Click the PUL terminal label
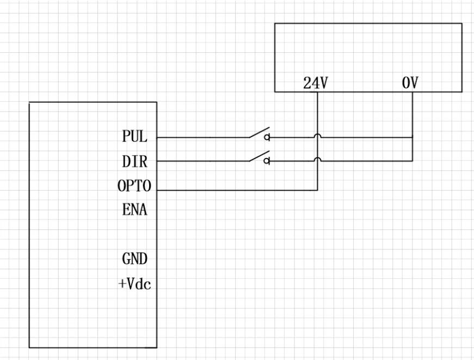pos(134,137)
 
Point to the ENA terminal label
pos(134,210)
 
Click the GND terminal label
pos(134,259)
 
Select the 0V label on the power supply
pos(411,84)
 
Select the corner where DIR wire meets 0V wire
pos(413,161)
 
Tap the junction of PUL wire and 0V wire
pos(413,138)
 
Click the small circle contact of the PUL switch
pos(267,138)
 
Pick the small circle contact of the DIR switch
pos(267,161)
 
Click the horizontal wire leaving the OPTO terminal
pos(234,191)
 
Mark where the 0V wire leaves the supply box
pos(413,92)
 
